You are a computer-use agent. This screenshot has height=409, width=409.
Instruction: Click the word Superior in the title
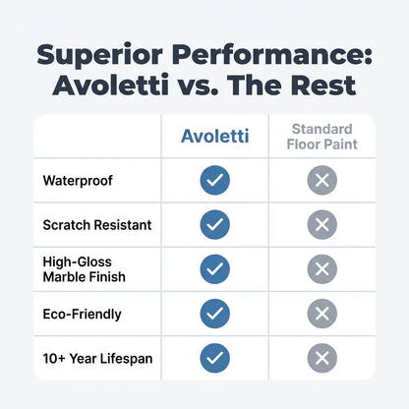(99, 55)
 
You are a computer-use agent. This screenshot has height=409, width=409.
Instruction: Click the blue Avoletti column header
(215, 136)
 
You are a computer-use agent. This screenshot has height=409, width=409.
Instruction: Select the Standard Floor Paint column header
(322, 137)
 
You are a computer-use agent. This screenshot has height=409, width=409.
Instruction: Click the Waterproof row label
(78, 181)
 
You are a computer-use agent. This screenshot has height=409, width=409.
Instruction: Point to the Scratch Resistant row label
(97, 225)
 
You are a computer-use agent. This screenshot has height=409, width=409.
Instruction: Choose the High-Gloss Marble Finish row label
(85, 269)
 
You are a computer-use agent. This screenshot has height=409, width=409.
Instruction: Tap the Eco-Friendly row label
(82, 314)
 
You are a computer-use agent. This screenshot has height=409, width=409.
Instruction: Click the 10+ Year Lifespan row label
(97, 359)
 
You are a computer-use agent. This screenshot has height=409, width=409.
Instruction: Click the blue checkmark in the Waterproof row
(215, 180)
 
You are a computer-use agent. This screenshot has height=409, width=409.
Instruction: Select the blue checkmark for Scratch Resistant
(215, 224)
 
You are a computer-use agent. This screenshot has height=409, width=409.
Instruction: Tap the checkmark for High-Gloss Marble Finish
(215, 269)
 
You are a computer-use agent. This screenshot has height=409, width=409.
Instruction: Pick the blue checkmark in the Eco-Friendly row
(215, 314)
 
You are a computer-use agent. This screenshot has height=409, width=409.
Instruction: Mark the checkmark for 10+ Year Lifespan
(215, 358)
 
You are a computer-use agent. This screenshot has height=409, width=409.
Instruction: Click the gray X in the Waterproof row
(322, 180)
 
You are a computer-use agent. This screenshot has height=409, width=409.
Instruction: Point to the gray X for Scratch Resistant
(322, 224)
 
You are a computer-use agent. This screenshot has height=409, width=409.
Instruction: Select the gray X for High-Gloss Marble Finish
(322, 269)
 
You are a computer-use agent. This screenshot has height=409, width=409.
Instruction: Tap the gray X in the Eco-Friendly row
(322, 314)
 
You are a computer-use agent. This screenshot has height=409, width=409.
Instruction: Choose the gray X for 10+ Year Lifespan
(322, 358)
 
